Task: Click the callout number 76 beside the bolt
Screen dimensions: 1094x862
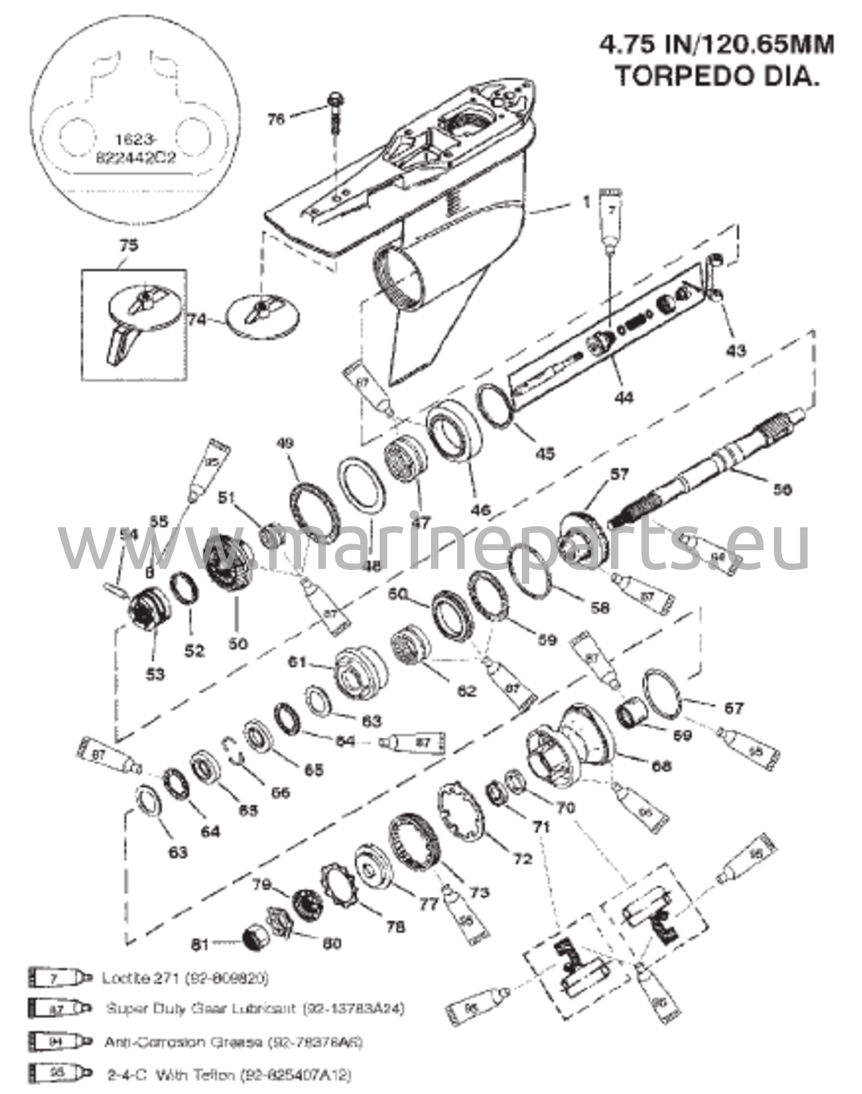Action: (x=276, y=119)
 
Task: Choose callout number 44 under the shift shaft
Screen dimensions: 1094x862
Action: (x=624, y=397)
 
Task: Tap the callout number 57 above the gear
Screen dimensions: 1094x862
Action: (x=619, y=474)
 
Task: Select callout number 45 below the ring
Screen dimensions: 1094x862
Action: (x=545, y=452)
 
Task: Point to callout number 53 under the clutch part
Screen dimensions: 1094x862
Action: (x=155, y=674)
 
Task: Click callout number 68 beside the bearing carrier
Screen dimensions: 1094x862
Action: (x=661, y=766)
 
